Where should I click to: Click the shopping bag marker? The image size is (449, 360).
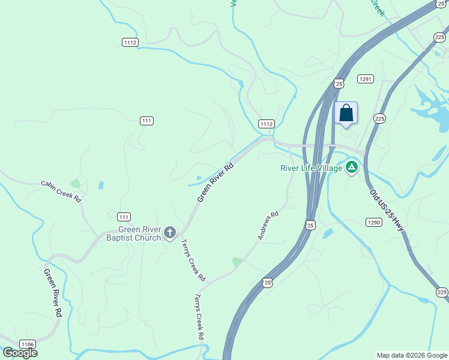pos(346,113)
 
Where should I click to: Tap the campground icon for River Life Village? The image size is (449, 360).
pos(351,167)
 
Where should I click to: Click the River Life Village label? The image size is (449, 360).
pos(311,168)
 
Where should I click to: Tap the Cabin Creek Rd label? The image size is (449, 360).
pos(61,191)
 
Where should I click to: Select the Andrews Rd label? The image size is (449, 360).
pos(268,226)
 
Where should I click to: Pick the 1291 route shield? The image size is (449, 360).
pos(366,79)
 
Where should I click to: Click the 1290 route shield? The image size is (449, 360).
pos(373,222)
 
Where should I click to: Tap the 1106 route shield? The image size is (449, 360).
pos(27,344)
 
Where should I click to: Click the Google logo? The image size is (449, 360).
pos(20,353)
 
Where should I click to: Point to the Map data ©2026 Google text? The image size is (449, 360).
pos(412,355)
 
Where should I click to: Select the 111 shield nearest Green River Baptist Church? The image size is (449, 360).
pos(124,217)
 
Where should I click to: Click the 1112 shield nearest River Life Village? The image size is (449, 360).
pos(267,124)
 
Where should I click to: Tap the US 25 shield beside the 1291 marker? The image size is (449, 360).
pos(339,83)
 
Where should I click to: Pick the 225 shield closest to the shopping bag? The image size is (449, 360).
pos(379,119)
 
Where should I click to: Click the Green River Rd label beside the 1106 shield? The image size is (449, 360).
pos(53,293)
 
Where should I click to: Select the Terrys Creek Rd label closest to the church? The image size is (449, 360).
pos(193,261)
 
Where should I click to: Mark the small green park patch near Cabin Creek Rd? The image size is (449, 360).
pos(75,183)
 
